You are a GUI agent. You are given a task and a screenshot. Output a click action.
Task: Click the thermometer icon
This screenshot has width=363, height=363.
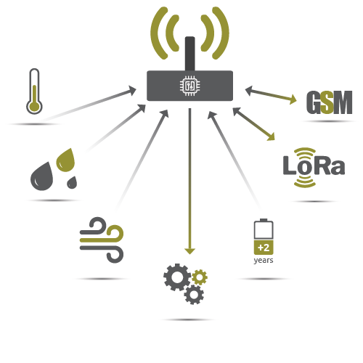(x=34, y=91)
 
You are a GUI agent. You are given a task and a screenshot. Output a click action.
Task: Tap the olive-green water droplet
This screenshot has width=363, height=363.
(x=65, y=160)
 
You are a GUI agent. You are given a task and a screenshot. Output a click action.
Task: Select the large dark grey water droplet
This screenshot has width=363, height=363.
(x=41, y=176)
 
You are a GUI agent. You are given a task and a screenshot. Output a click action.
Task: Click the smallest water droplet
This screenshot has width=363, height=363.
(x=72, y=183)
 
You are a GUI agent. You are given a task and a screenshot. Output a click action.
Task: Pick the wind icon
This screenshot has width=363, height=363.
(x=102, y=240)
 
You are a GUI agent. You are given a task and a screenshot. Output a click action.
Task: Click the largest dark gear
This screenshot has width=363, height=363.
(x=177, y=277)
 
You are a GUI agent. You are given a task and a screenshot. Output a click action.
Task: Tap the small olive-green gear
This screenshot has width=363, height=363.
(x=200, y=277)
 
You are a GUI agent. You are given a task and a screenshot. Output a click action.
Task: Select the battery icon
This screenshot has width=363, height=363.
(x=264, y=237)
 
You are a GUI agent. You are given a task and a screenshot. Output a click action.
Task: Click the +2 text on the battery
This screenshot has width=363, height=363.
(x=264, y=248)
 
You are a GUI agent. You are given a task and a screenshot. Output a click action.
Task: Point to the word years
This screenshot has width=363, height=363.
(x=264, y=261)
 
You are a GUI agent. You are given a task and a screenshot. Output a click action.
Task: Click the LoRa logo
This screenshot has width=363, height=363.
(x=314, y=168)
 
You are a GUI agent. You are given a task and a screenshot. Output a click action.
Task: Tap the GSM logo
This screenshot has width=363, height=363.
(x=329, y=102)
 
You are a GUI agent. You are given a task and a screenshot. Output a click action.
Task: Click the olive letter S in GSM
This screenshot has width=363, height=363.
(x=327, y=102)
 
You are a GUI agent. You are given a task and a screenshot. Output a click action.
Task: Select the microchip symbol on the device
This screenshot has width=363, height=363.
(x=189, y=86)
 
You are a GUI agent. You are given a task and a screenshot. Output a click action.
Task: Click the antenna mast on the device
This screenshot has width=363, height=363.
(x=190, y=54)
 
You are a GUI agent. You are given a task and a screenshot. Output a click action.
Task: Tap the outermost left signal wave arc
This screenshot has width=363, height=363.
(x=159, y=33)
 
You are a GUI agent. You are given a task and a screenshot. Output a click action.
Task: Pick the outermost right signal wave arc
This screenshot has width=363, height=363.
(x=221, y=33)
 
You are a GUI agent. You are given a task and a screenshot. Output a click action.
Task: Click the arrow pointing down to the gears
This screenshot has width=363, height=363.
(x=190, y=181)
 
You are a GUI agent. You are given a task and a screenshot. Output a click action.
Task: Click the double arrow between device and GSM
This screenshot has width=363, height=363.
(x=271, y=95)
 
